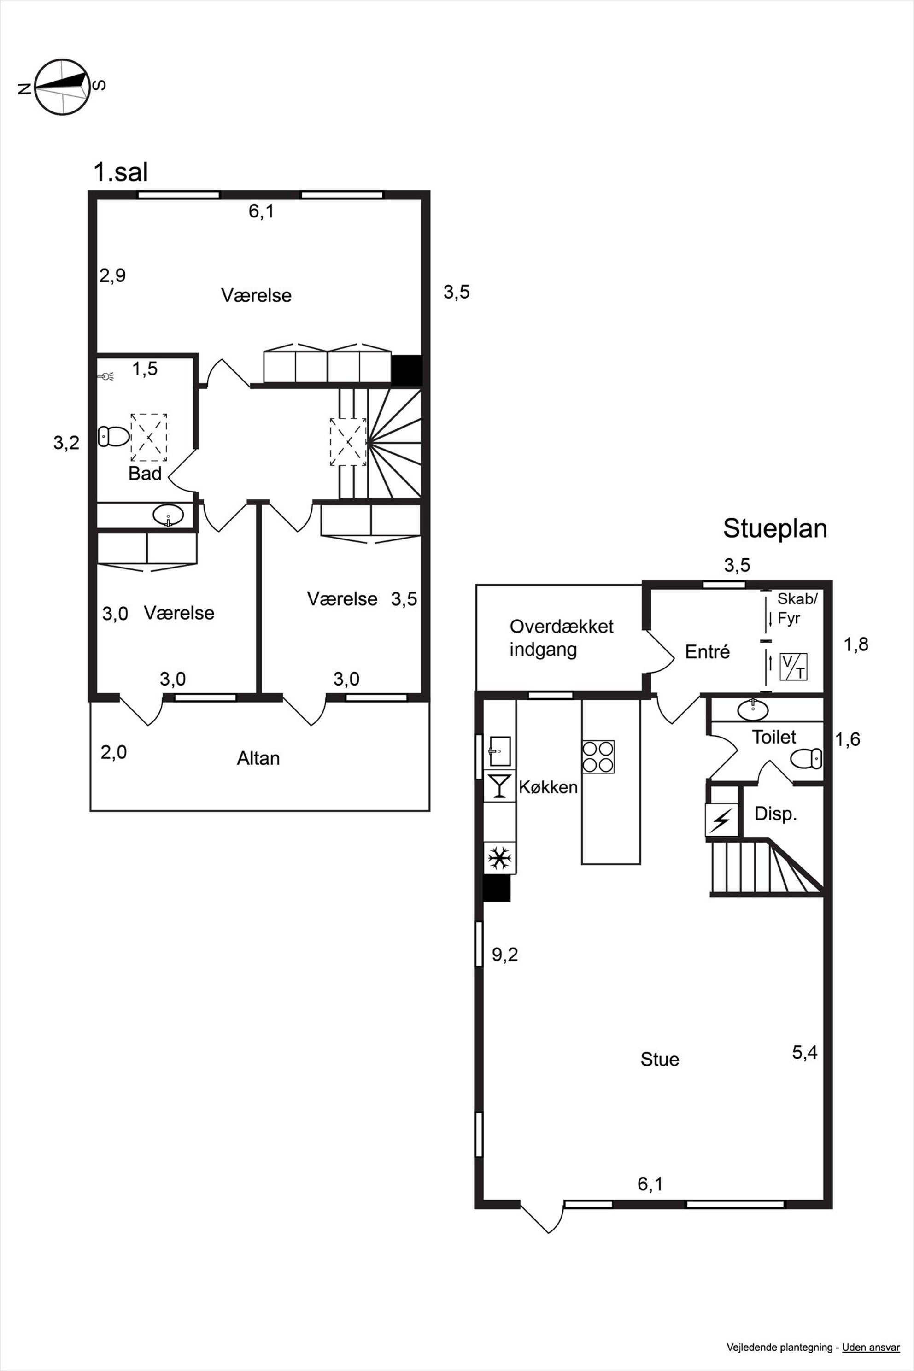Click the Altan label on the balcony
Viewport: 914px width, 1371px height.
click(258, 758)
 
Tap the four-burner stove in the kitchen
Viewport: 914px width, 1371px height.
click(598, 756)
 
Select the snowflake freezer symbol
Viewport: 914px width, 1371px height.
click(499, 858)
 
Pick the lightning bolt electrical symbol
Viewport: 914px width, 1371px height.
click(721, 820)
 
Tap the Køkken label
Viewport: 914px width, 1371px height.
click(548, 787)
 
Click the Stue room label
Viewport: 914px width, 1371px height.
click(660, 1059)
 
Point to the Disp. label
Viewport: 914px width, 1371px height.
click(775, 814)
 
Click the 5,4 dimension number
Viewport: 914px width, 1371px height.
click(804, 1052)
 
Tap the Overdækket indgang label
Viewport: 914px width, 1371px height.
click(561, 638)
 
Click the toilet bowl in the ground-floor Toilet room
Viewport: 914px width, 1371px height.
click(806, 758)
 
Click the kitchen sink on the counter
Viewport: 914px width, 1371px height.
click(499, 751)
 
